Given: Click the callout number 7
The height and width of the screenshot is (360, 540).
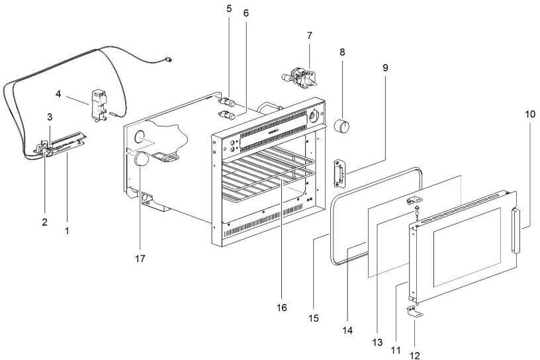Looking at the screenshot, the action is [x=309, y=36].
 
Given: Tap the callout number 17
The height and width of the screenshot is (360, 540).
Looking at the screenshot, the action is [x=140, y=258].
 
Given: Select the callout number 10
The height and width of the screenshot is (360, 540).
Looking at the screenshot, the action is [x=530, y=114].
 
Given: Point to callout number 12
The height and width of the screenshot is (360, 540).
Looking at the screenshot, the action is [x=416, y=355].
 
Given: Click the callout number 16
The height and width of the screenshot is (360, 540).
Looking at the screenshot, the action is [x=281, y=307].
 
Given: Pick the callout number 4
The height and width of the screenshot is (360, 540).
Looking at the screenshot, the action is [x=58, y=94].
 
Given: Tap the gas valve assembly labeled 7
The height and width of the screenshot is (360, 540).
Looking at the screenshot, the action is [x=299, y=77].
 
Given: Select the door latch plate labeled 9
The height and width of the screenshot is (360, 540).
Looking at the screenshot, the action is [x=339, y=173].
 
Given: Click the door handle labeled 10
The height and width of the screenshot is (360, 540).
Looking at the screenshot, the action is [x=516, y=231].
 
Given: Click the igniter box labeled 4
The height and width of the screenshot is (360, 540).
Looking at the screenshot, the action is [x=99, y=105].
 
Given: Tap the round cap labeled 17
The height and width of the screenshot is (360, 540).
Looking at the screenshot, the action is [x=141, y=160].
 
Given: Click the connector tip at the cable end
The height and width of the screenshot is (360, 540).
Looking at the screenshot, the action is [x=168, y=60].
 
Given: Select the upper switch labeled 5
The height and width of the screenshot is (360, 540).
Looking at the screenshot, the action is [x=226, y=102].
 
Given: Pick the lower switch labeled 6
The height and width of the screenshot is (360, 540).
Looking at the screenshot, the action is [x=226, y=114].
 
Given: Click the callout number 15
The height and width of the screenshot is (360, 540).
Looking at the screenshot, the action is [x=314, y=318].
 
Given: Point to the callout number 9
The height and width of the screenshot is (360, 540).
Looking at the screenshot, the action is [x=385, y=68].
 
